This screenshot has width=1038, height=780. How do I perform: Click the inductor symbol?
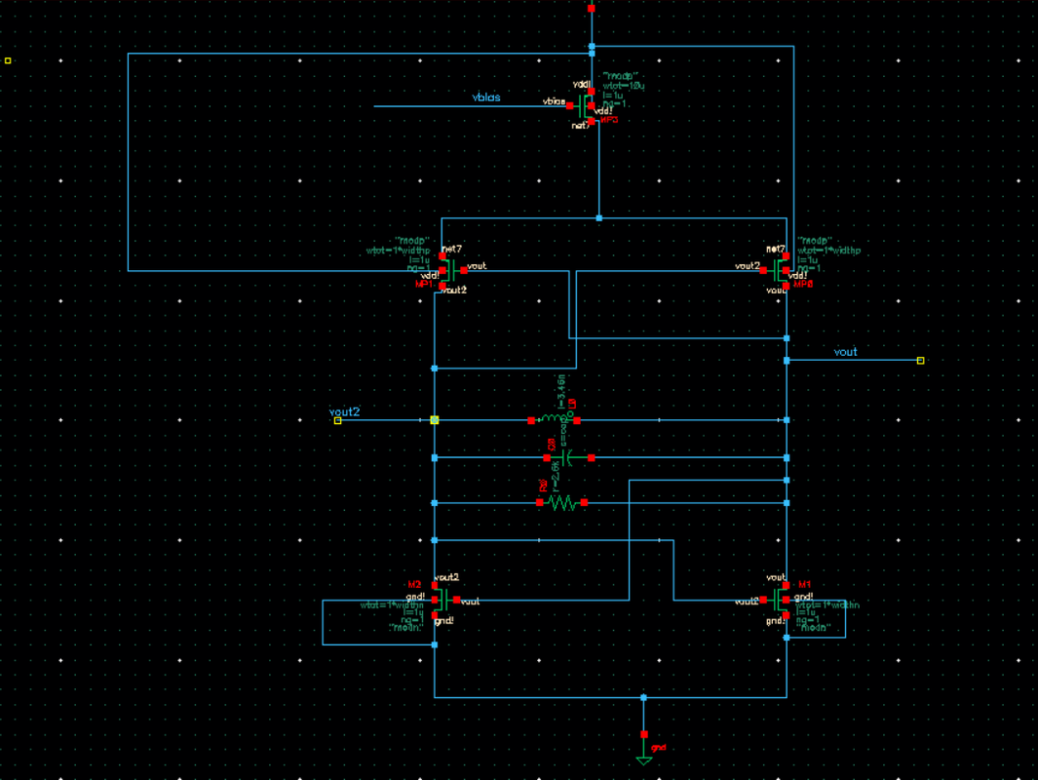(x=554, y=420)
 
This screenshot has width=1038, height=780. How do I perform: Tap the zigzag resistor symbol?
(x=561, y=503)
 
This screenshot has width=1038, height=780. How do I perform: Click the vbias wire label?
(x=486, y=97)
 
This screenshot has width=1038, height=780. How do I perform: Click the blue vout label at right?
(x=846, y=351)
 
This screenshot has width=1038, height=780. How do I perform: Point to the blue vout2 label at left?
(x=344, y=411)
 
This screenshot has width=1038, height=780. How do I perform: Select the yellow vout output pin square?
(x=920, y=361)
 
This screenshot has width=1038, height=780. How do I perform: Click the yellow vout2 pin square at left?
(x=337, y=420)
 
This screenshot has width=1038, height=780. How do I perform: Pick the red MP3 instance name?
(x=608, y=120)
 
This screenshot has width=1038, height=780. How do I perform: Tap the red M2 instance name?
(x=413, y=584)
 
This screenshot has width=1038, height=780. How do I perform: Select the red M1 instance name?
(x=804, y=584)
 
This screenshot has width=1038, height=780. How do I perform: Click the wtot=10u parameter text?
(x=624, y=85)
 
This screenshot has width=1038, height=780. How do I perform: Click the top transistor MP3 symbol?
(x=586, y=104)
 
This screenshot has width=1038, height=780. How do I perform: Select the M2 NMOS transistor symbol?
(x=442, y=599)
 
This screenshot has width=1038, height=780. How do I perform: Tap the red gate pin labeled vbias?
(x=569, y=105)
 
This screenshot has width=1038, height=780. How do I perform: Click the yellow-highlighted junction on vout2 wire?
(x=435, y=420)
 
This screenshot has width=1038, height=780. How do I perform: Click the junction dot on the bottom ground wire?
(x=643, y=697)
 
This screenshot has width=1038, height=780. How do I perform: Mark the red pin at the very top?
(x=592, y=9)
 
